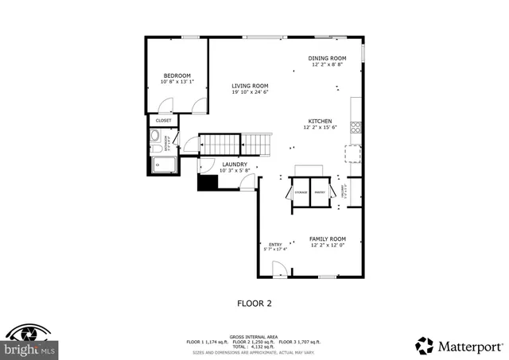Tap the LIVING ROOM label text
(250, 86)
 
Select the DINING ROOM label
(327, 58)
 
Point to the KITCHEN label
(320, 121)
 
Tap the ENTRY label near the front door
(275, 244)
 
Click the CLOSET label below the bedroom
(163, 121)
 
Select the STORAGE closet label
(301, 192)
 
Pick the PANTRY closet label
(320, 192)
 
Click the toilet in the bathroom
(155, 145)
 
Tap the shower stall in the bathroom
(164, 165)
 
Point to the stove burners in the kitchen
(356, 126)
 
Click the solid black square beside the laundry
(208, 182)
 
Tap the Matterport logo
(459, 346)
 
